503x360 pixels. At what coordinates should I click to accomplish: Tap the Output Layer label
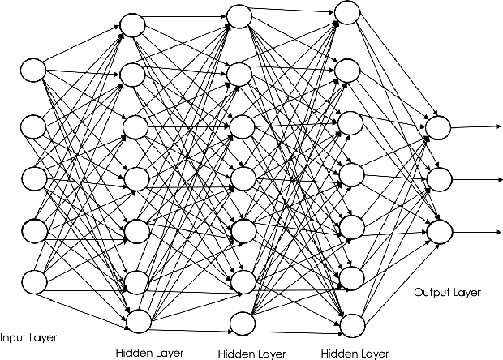pyautogui.click(x=446, y=293)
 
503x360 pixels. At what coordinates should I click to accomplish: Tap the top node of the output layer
pyautogui.click(x=437, y=126)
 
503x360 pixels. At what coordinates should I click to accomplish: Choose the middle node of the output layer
pyautogui.click(x=437, y=178)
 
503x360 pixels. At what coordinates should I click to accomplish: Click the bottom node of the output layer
pyautogui.click(x=437, y=231)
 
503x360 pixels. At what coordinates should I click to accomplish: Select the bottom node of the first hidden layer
pyautogui.click(x=138, y=320)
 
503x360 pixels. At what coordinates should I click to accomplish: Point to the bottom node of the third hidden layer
pyautogui.click(x=351, y=324)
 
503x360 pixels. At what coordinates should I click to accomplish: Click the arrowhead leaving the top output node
pyautogui.click(x=495, y=126)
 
